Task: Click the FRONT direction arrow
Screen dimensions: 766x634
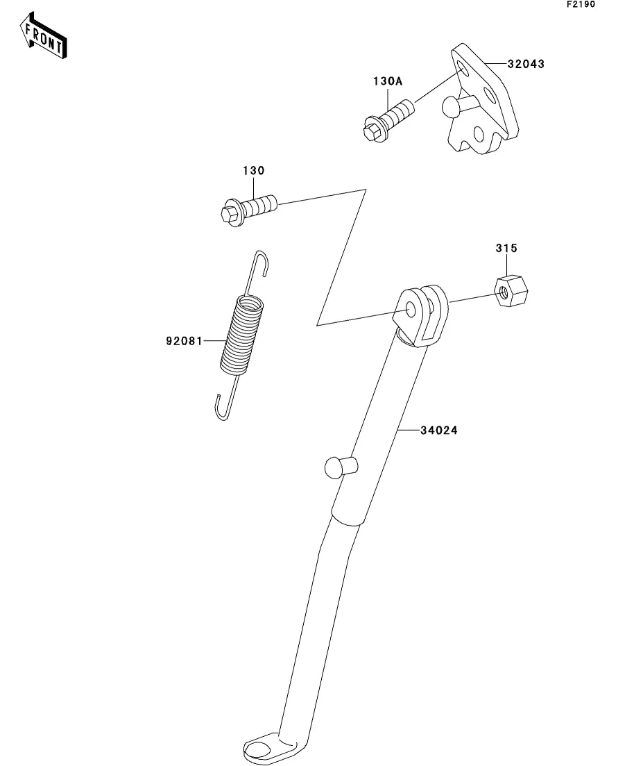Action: pos(44,39)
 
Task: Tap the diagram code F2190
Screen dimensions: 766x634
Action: pos(581,5)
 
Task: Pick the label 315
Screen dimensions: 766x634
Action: pos(506,248)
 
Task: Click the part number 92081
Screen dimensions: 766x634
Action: pos(184,341)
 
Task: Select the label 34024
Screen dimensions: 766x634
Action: pos(438,431)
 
